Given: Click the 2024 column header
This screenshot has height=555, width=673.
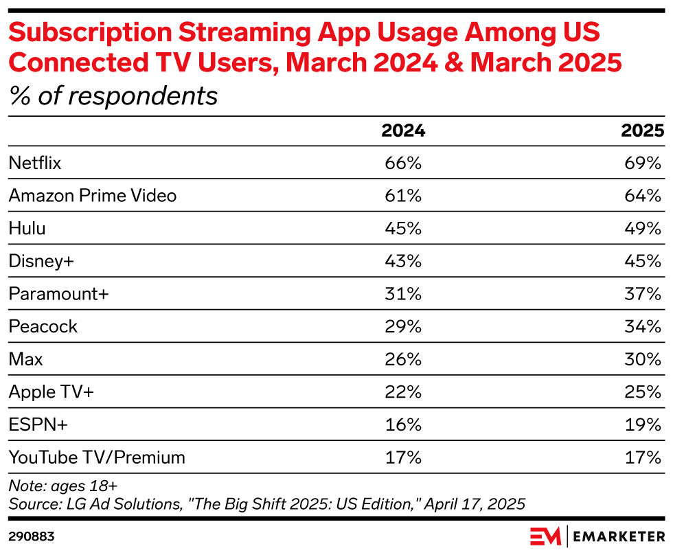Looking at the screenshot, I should [403, 131].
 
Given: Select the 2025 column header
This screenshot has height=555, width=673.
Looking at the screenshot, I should [643, 131].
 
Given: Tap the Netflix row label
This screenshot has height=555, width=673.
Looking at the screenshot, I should [35, 163].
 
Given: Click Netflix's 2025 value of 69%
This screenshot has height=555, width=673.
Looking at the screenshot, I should [643, 163].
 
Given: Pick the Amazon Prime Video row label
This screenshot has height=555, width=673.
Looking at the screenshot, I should [92, 196].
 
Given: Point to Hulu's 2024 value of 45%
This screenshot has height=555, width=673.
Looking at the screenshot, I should [403, 228].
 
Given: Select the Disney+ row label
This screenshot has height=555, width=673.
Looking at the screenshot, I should [42, 261].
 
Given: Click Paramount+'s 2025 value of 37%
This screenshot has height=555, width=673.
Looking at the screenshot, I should [643, 293].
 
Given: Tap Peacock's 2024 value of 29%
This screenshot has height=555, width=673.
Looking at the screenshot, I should [403, 326].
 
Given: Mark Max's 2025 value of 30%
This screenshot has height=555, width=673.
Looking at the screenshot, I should [643, 359].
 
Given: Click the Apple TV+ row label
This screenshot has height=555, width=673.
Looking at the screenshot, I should [51, 392].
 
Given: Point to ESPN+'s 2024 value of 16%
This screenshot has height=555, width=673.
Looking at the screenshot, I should [403, 424].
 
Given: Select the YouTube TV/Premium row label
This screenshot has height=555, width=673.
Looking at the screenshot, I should [97, 457].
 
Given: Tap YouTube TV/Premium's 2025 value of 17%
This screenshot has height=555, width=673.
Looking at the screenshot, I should [643, 457].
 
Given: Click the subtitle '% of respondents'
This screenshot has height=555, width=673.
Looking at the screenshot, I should [113, 96].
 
